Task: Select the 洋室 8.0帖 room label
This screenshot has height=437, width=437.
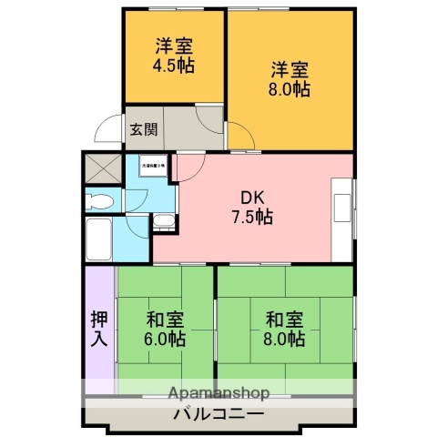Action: click(x=290, y=78)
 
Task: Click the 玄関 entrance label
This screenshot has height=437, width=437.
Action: click(x=142, y=129)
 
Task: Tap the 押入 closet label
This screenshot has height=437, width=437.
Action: click(x=99, y=329)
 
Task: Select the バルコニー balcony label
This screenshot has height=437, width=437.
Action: click(x=218, y=414)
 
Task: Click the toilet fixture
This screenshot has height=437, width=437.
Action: click(x=101, y=199)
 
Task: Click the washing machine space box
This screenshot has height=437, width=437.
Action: click(x=152, y=168)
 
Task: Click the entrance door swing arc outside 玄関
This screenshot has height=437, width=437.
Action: click(x=110, y=129)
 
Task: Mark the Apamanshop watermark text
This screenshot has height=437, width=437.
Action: click(x=218, y=394)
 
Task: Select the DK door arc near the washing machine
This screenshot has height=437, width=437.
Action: click(x=187, y=165)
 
